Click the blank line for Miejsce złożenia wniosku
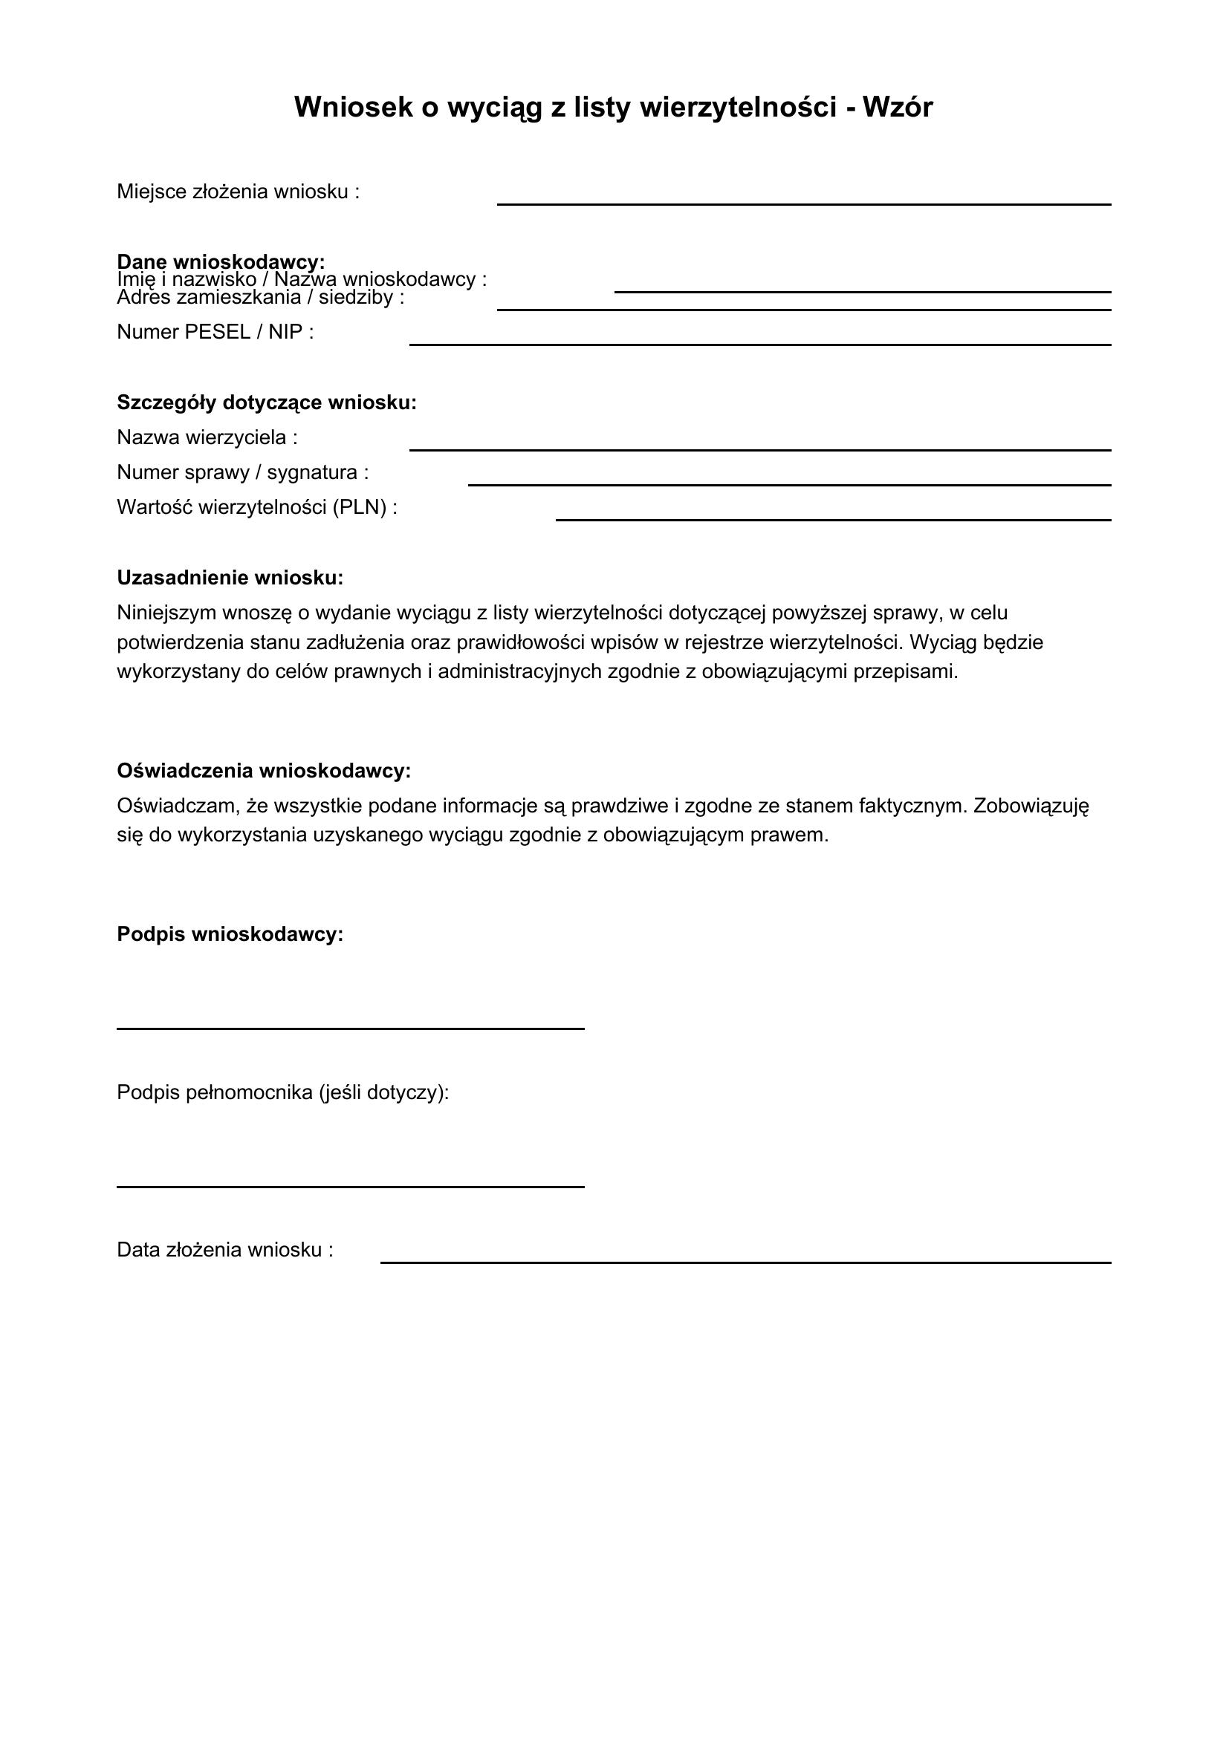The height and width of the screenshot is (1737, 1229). click(x=804, y=203)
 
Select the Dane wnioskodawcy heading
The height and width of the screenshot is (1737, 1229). click(x=221, y=261)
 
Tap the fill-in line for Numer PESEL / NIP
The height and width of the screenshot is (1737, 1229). click(x=760, y=345)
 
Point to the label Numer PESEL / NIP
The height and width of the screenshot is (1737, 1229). click(x=215, y=332)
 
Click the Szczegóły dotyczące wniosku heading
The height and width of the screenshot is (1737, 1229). click(x=267, y=403)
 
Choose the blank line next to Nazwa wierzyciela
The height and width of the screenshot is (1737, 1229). click(x=760, y=449)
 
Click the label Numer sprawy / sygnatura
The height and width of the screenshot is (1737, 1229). click(x=242, y=473)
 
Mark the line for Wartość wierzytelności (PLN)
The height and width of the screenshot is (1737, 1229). click(x=833, y=520)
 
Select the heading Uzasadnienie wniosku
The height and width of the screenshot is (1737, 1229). click(x=230, y=578)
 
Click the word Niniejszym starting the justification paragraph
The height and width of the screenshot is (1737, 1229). click(x=168, y=613)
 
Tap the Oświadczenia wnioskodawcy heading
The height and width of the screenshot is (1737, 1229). click(x=263, y=771)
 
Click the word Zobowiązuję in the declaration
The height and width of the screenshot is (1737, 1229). click(x=1031, y=806)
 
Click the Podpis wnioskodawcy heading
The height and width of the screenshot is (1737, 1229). click(x=230, y=934)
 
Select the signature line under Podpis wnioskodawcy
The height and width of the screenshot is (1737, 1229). click(x=351, y=1028)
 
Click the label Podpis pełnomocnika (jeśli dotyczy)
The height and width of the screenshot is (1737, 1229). click(x=283, y=1092)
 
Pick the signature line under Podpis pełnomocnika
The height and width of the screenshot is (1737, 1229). click(x=351, y=1186)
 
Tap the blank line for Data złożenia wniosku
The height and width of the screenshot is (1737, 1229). click(x=745, y=1262)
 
